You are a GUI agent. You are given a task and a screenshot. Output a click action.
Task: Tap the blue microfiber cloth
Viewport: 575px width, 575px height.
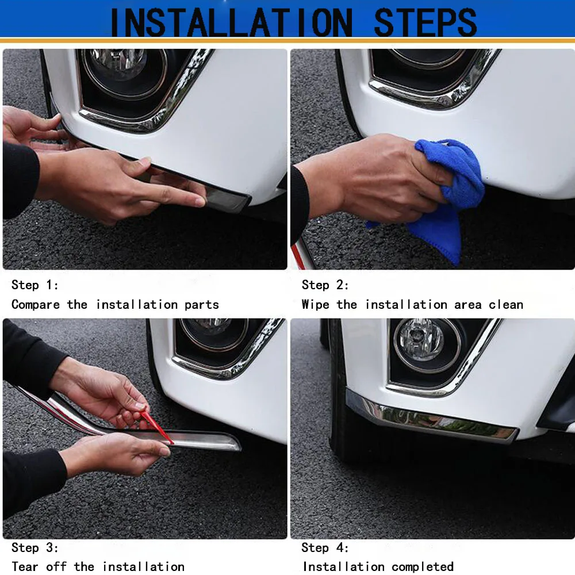coord(446,195)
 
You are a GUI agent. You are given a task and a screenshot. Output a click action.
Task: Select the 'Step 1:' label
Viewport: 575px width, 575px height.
coord(34,285)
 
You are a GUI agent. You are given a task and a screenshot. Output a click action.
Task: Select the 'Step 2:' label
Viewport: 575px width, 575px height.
coord(325,285)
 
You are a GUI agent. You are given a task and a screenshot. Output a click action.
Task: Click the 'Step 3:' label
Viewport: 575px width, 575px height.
coord(34,548)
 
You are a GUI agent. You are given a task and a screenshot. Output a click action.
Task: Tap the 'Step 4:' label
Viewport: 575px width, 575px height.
coord(325,548)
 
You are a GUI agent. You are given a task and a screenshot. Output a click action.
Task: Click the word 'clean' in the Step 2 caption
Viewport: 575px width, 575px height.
coord(506,305)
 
